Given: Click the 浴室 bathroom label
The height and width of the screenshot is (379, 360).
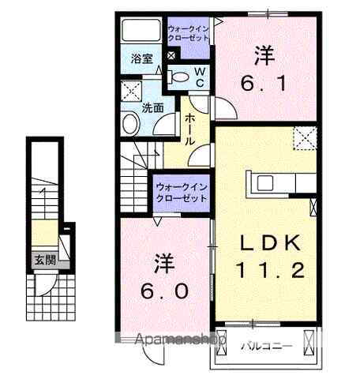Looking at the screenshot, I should (141, 58).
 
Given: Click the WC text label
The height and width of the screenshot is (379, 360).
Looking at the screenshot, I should (200, 77).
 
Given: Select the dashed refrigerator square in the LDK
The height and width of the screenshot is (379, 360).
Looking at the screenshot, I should (304, 139).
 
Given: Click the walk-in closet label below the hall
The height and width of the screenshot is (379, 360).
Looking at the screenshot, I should (180, 192).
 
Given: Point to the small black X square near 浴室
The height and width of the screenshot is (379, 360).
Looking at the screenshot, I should (171, 58).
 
